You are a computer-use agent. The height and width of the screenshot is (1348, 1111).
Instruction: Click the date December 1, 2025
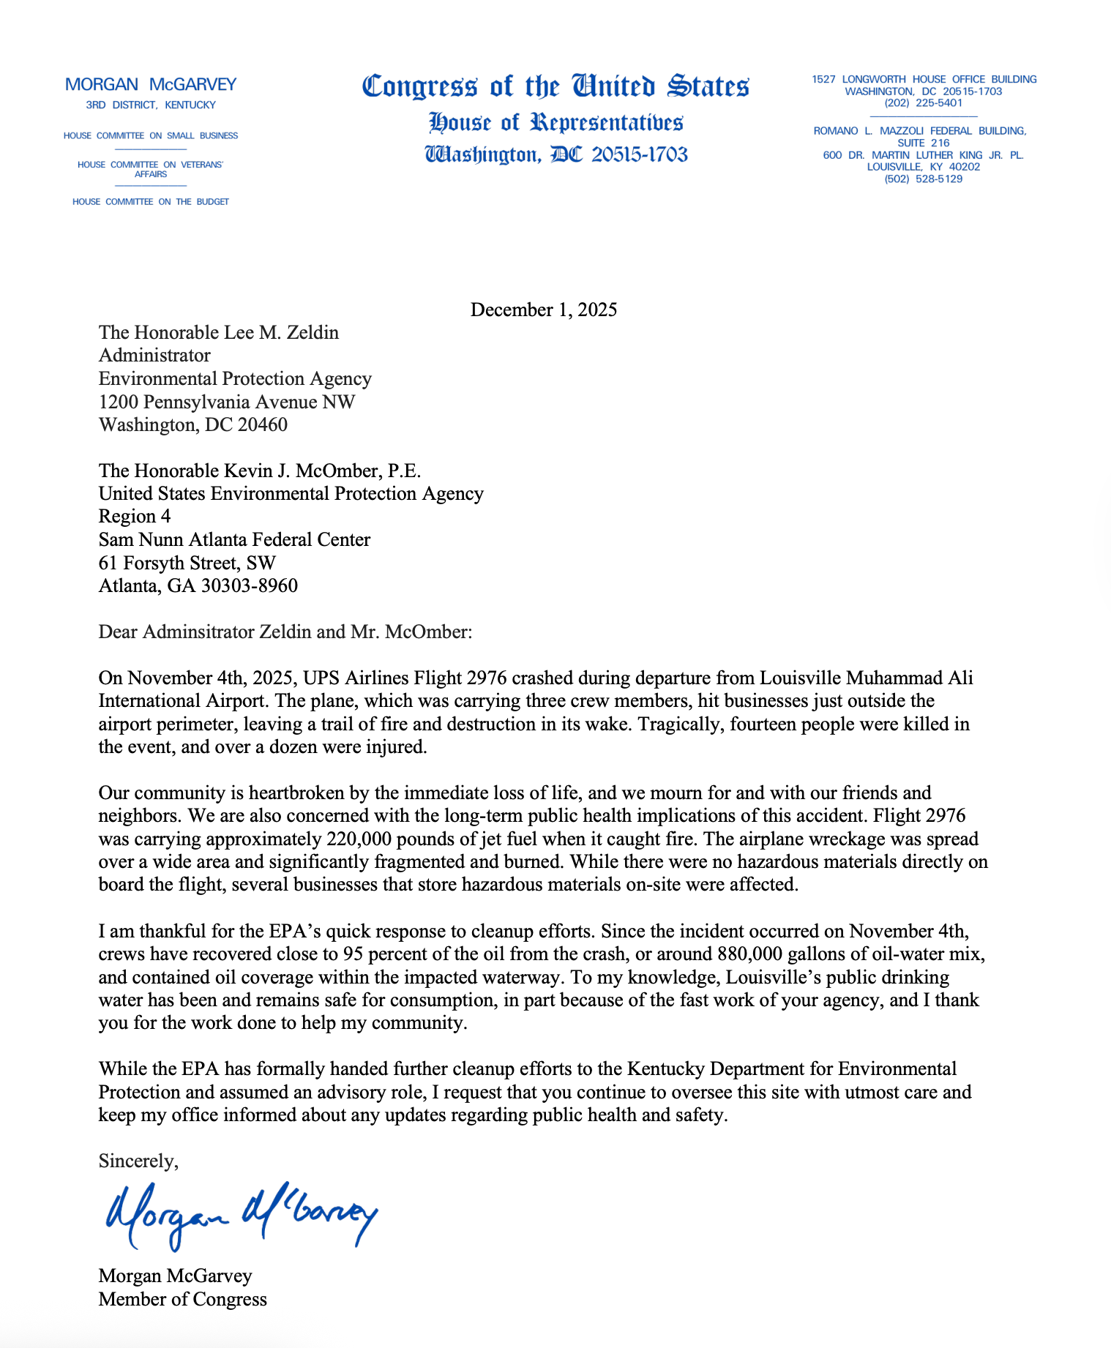click(x=543, y=310)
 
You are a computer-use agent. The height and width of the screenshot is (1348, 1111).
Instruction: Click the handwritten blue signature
click(x=242, y=1214)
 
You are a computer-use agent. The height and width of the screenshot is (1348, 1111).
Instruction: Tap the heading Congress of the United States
click(x=555, y=86)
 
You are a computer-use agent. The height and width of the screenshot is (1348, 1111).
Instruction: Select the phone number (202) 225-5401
click(x=923, y=103)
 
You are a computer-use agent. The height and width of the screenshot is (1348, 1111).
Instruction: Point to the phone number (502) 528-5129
click(x=923, y=179)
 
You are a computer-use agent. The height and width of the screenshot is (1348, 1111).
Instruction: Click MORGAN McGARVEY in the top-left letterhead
click(x=151, y=84)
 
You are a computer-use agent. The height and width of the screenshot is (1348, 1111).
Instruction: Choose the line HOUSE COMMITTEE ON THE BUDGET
click(x=151, y=201)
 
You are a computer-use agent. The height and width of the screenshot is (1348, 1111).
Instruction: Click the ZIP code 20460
click(x=262, y=424)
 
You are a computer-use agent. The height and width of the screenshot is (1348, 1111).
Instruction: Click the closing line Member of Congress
click(x=183, y=1299)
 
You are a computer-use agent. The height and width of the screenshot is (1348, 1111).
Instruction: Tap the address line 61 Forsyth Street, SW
click(x=187, y=563)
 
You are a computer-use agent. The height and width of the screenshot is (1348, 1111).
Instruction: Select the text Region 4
click(x=135, y=517)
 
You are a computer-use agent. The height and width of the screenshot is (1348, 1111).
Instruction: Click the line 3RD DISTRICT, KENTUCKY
click(x=151, y=105)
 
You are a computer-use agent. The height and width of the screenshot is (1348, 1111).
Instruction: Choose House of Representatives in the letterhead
click(x=555, y=122)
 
